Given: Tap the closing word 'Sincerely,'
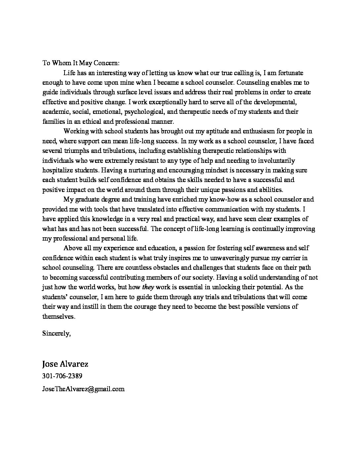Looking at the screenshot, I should point(56,333).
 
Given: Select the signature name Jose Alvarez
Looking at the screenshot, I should point(65,364).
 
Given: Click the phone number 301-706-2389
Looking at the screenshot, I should point(62,376).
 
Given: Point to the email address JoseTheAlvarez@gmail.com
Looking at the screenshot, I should point(83,389).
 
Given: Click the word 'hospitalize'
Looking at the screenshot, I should point(58,170).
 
